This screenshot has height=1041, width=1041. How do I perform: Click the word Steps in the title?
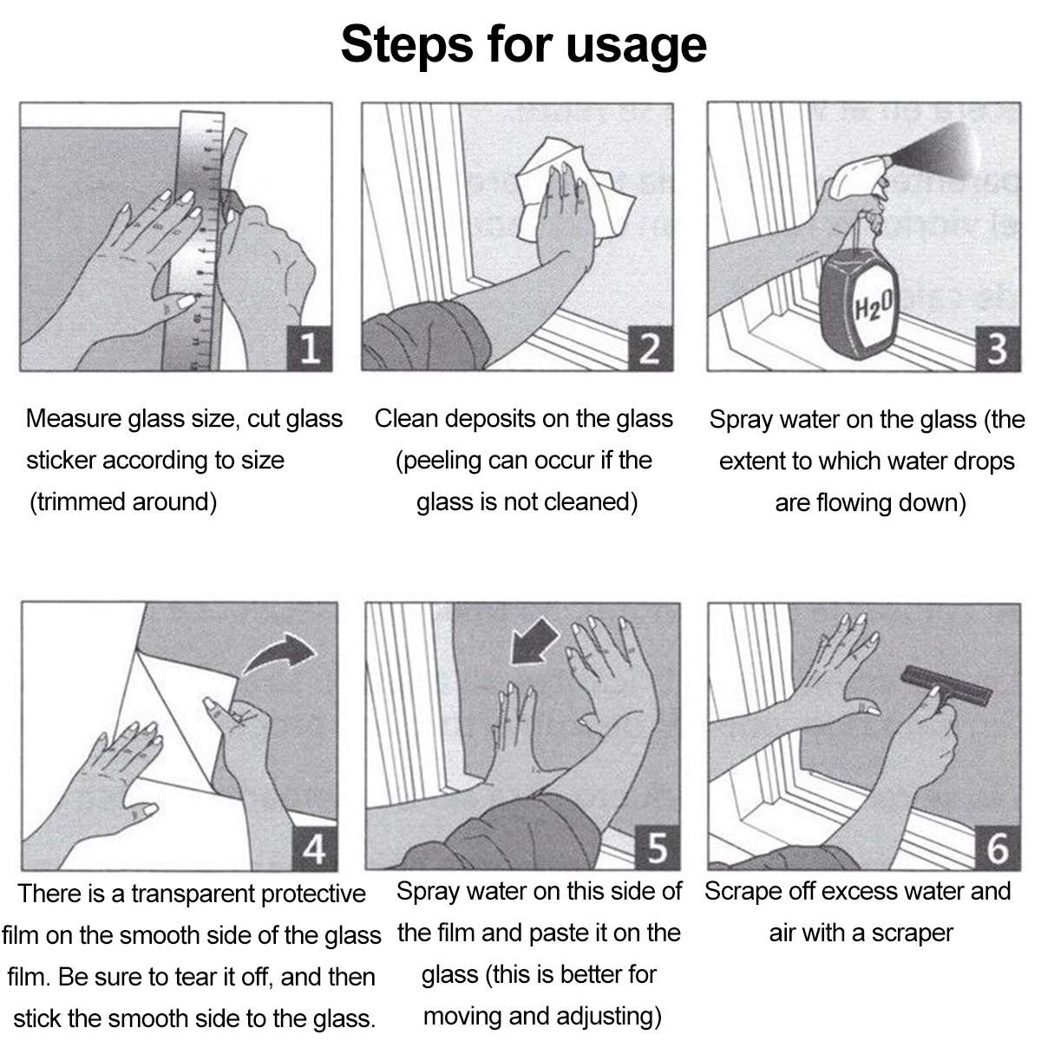tap(407, 45)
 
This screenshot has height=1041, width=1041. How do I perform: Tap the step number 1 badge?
tap(309, 349)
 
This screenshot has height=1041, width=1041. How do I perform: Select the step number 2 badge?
tap(650, 349)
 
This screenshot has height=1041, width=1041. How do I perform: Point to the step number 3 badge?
tap(998, 349)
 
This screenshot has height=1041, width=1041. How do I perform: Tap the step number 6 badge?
tap(998, 848)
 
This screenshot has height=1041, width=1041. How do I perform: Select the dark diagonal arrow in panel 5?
tap(534, 641)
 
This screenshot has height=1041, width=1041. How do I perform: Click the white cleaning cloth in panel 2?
tap(573, 190)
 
